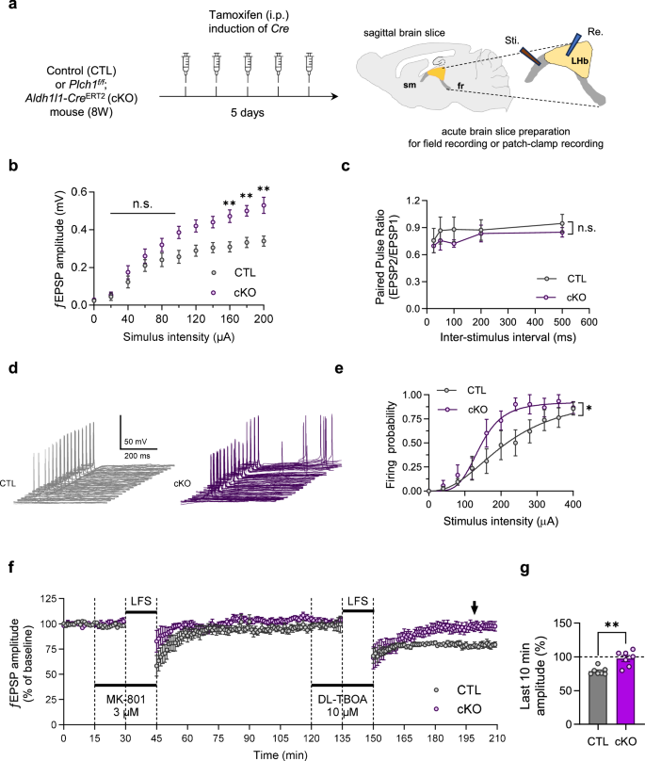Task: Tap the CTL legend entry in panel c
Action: click(565, 279)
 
